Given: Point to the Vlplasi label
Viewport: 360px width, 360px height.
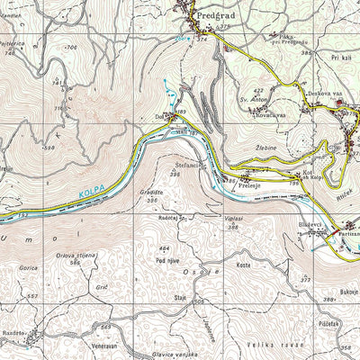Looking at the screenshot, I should [x=233, y=219].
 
